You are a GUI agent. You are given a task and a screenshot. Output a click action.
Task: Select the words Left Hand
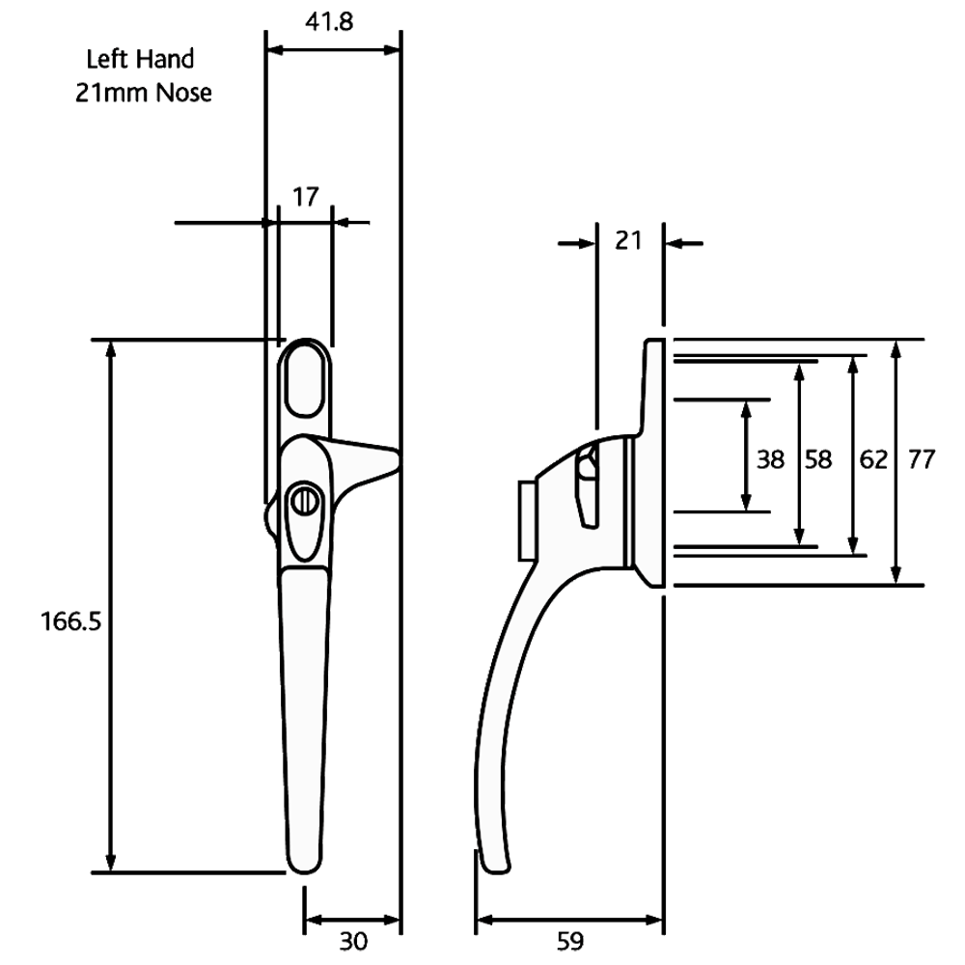click(134, 59)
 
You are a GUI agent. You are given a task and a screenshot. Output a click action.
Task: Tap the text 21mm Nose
click(143, 93)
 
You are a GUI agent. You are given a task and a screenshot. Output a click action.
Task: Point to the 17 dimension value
click(306, 201)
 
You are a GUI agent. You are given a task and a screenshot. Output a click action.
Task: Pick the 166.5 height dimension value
click(73, 620)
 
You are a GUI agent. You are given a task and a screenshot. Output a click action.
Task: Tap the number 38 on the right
click(770, 460)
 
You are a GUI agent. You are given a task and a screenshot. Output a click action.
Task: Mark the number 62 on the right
click(873, 460)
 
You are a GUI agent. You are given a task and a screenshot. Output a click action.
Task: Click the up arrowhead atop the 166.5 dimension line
click(115, 349)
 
